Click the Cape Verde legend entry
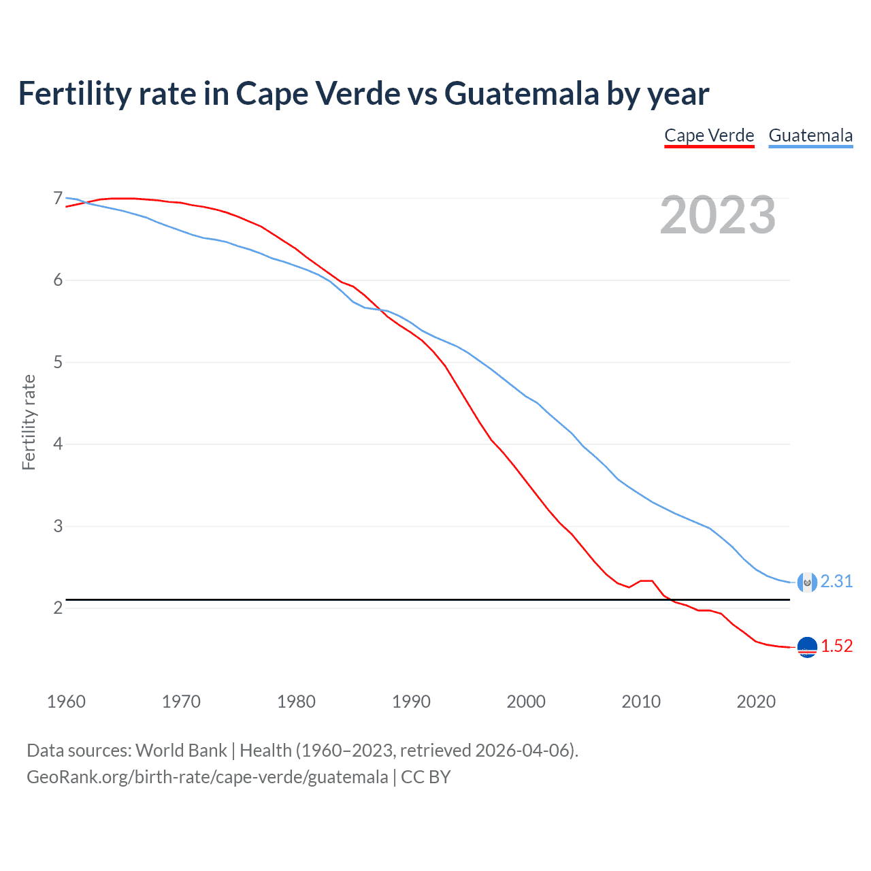click(x=709, y=135)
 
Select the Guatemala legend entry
click(x=810, y=135)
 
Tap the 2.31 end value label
click(x=836, y=581)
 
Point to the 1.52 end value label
click(x=836, y=646)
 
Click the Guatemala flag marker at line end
click(x=807, y=582)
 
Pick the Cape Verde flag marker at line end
click(x=807, y=647)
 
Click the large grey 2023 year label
click(x=717, y=215)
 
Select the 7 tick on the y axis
click(x=58, y=198)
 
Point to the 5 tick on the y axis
click(x=58, y=362)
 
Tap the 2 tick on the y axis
click(x=58, y=608)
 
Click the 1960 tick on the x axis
click(x=66, y=702)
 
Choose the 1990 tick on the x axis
click(x=411, y=702)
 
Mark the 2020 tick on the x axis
click(x=756, y=702)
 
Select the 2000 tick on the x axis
click(x=526, y=702)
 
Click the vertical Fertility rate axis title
click(x=29, y=422)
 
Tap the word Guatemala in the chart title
click(x=522, y=93)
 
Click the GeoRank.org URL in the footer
click(x=207, y=777)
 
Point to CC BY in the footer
click(x=426, y=777)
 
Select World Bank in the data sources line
click(x=181, y=751)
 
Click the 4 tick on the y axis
click(x=58, y=444)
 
